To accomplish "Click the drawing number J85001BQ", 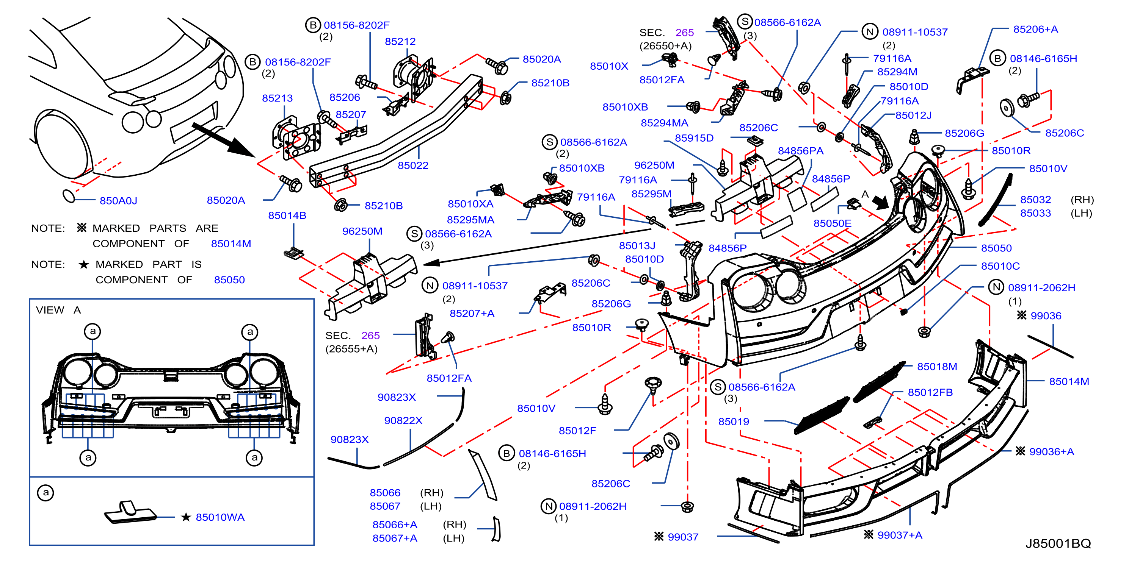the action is click(1058, 543).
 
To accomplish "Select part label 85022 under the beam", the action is click(413, 165).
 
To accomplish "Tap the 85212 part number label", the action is click(400, 42).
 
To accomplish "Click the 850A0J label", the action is click(119, 201).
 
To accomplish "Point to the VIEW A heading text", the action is click(58, 310).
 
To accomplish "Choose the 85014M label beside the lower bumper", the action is click(1069, 382).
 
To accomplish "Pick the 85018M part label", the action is click(937, 367).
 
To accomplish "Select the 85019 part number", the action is click(734, 421).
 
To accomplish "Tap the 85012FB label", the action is click(930, 393).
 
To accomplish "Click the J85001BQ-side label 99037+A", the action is click(900, 535).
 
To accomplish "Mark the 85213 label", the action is click(278, 98).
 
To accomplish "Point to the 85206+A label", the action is click(1036, 29).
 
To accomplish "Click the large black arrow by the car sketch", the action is click(223, 140).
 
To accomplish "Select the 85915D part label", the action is click(694, 138).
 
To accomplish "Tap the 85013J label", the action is click(637, 245).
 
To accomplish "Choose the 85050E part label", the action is click(832, 223).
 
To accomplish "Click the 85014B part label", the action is click(287, 215).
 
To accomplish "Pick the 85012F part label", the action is click(577, 431).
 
